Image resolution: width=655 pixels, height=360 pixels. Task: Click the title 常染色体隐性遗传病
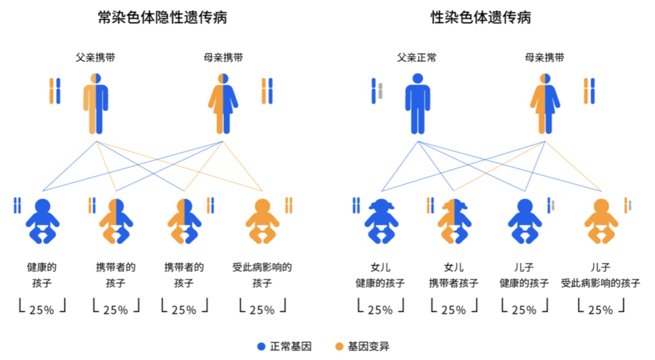click(163, 18)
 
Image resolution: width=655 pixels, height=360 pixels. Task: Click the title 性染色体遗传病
click(481, 18)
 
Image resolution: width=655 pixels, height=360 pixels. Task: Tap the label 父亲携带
click(95, 58)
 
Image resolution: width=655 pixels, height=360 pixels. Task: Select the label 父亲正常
click(417, 58)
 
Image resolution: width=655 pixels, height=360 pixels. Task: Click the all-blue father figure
click(417, 104)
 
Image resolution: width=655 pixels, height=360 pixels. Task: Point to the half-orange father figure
click(96, 104)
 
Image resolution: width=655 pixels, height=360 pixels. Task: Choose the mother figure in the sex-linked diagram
click(545, 104)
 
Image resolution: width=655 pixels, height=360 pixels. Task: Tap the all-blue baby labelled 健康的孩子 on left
click(42, 221)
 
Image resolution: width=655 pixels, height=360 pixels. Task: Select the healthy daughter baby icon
click(381, 221)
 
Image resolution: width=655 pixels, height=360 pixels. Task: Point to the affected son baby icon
click(601, 221)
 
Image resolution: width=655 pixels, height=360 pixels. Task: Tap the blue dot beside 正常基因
click(261, 347)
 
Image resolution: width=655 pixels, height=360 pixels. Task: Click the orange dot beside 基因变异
click(339, 347)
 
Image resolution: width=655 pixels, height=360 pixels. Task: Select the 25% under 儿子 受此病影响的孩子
click(600, 309)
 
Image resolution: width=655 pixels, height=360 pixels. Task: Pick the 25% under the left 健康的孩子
click(41, 309)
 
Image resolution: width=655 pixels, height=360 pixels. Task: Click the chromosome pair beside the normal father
click(377, 91)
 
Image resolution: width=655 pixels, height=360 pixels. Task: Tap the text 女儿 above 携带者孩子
click(454, 267)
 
